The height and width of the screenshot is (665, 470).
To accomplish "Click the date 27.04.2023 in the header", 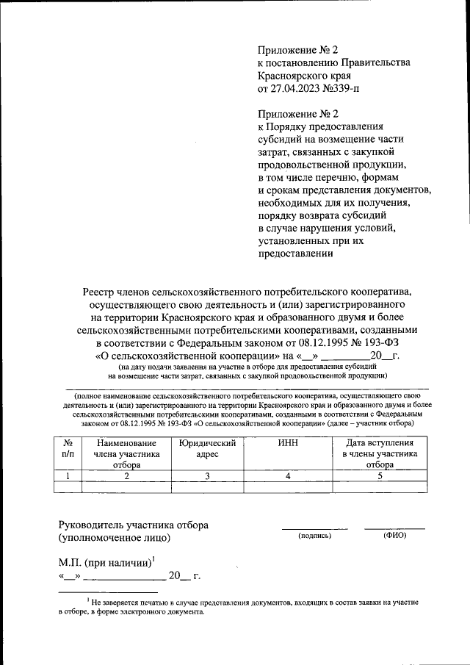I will click(x=297, y=88).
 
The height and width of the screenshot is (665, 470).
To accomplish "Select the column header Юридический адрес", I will click(x=207, y=449).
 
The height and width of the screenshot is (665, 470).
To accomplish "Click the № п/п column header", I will click(x=68, y=449).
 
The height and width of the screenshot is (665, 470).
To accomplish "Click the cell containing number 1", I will click(x=68, y=475).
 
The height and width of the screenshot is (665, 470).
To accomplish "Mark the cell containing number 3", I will click(x=207, y=475).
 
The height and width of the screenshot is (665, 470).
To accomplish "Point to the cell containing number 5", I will click(x=380, y=475).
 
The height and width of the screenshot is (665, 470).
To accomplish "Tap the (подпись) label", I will click(x=315, y=536).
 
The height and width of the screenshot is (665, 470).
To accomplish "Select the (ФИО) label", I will click(x=394, y=536).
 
